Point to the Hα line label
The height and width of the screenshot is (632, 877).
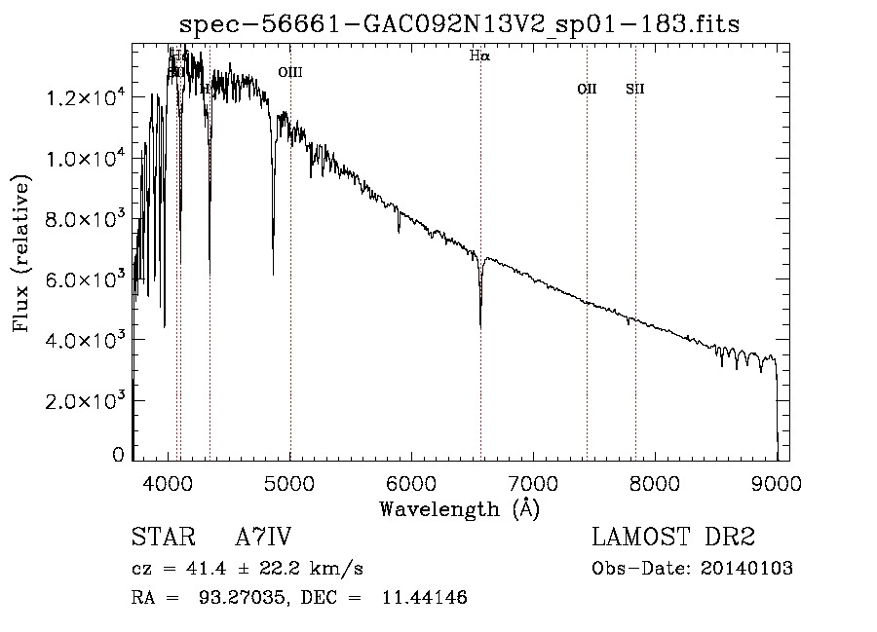tap(479, 56)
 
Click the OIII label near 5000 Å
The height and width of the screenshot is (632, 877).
tap(290, 72)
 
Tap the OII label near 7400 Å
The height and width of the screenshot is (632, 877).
tap(587, 90)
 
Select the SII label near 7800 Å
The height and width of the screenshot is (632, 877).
tap(635, 90)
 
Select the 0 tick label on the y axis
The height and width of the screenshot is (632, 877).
tap(118, 455)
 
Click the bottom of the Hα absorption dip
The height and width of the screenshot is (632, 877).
tap(480, 324)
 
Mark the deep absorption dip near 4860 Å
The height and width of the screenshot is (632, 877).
tap(273, 274)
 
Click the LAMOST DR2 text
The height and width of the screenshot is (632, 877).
tap(673, 538)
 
